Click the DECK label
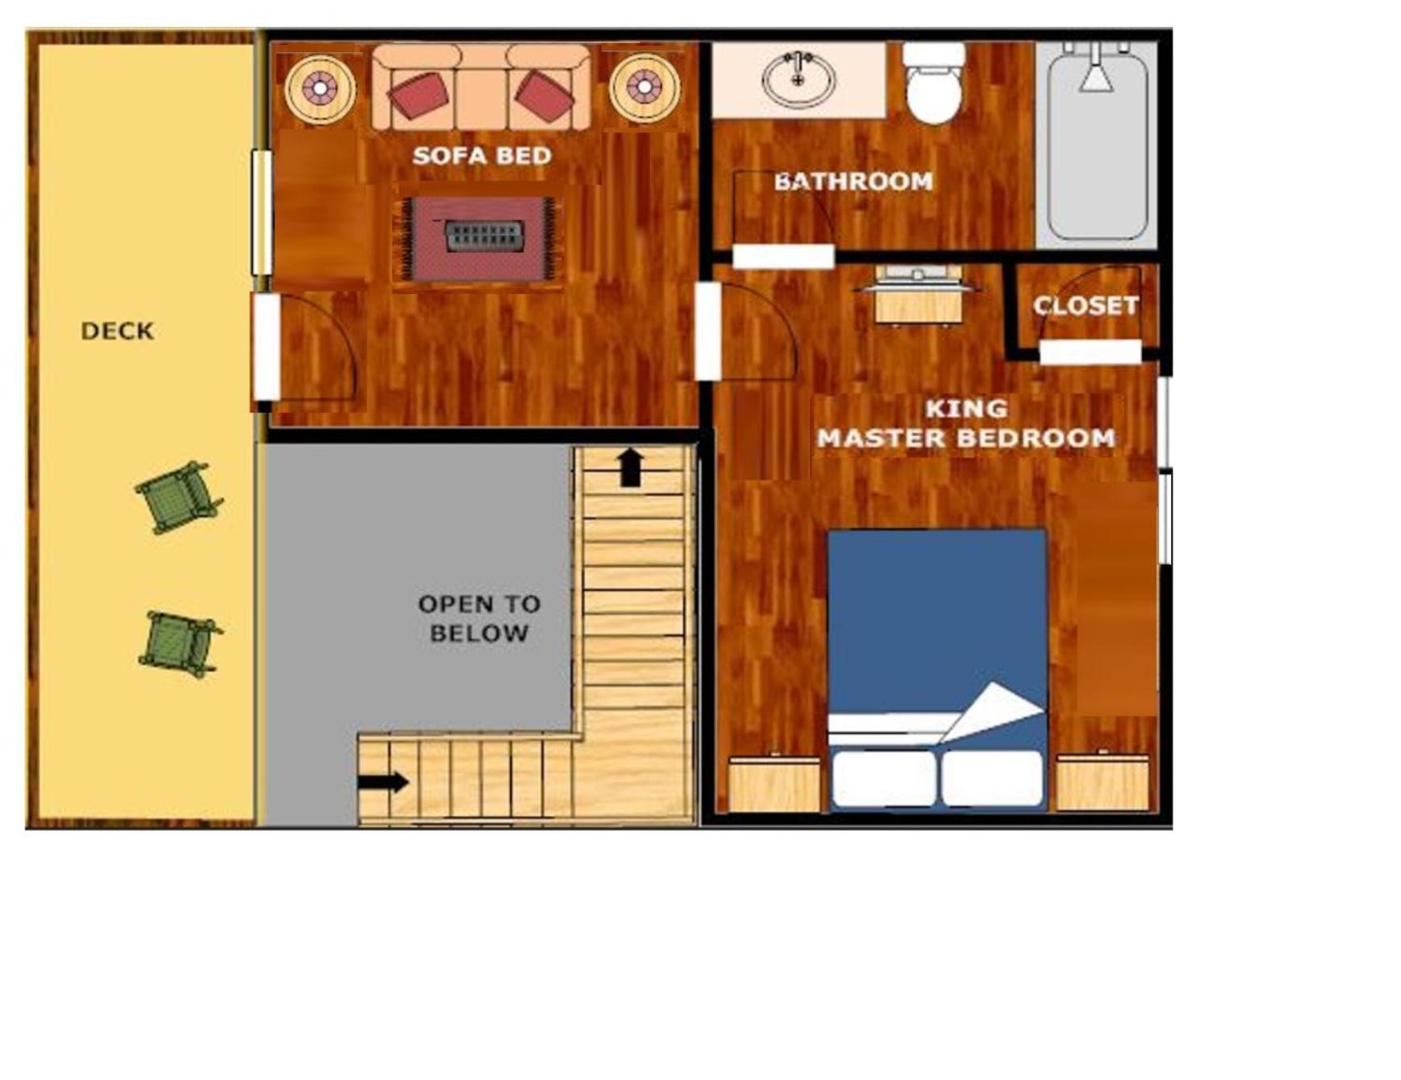click(117, 331)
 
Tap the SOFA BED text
click(482, 156)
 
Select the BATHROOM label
click(853, 181)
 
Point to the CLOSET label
click(1085, 306)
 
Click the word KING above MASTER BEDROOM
click(966, 409)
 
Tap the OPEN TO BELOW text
click(479, 618)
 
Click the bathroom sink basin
click(799, 79)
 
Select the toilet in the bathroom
click(934, 83)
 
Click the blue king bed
click(937, 669)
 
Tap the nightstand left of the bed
click(774, 782)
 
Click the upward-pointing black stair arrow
click(631, 467)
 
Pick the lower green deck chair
click(180, 644)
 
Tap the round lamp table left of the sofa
click(320, 88)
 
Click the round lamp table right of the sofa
click(644, 88)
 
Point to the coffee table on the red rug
click(484, 236)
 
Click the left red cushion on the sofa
click(418, 96)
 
